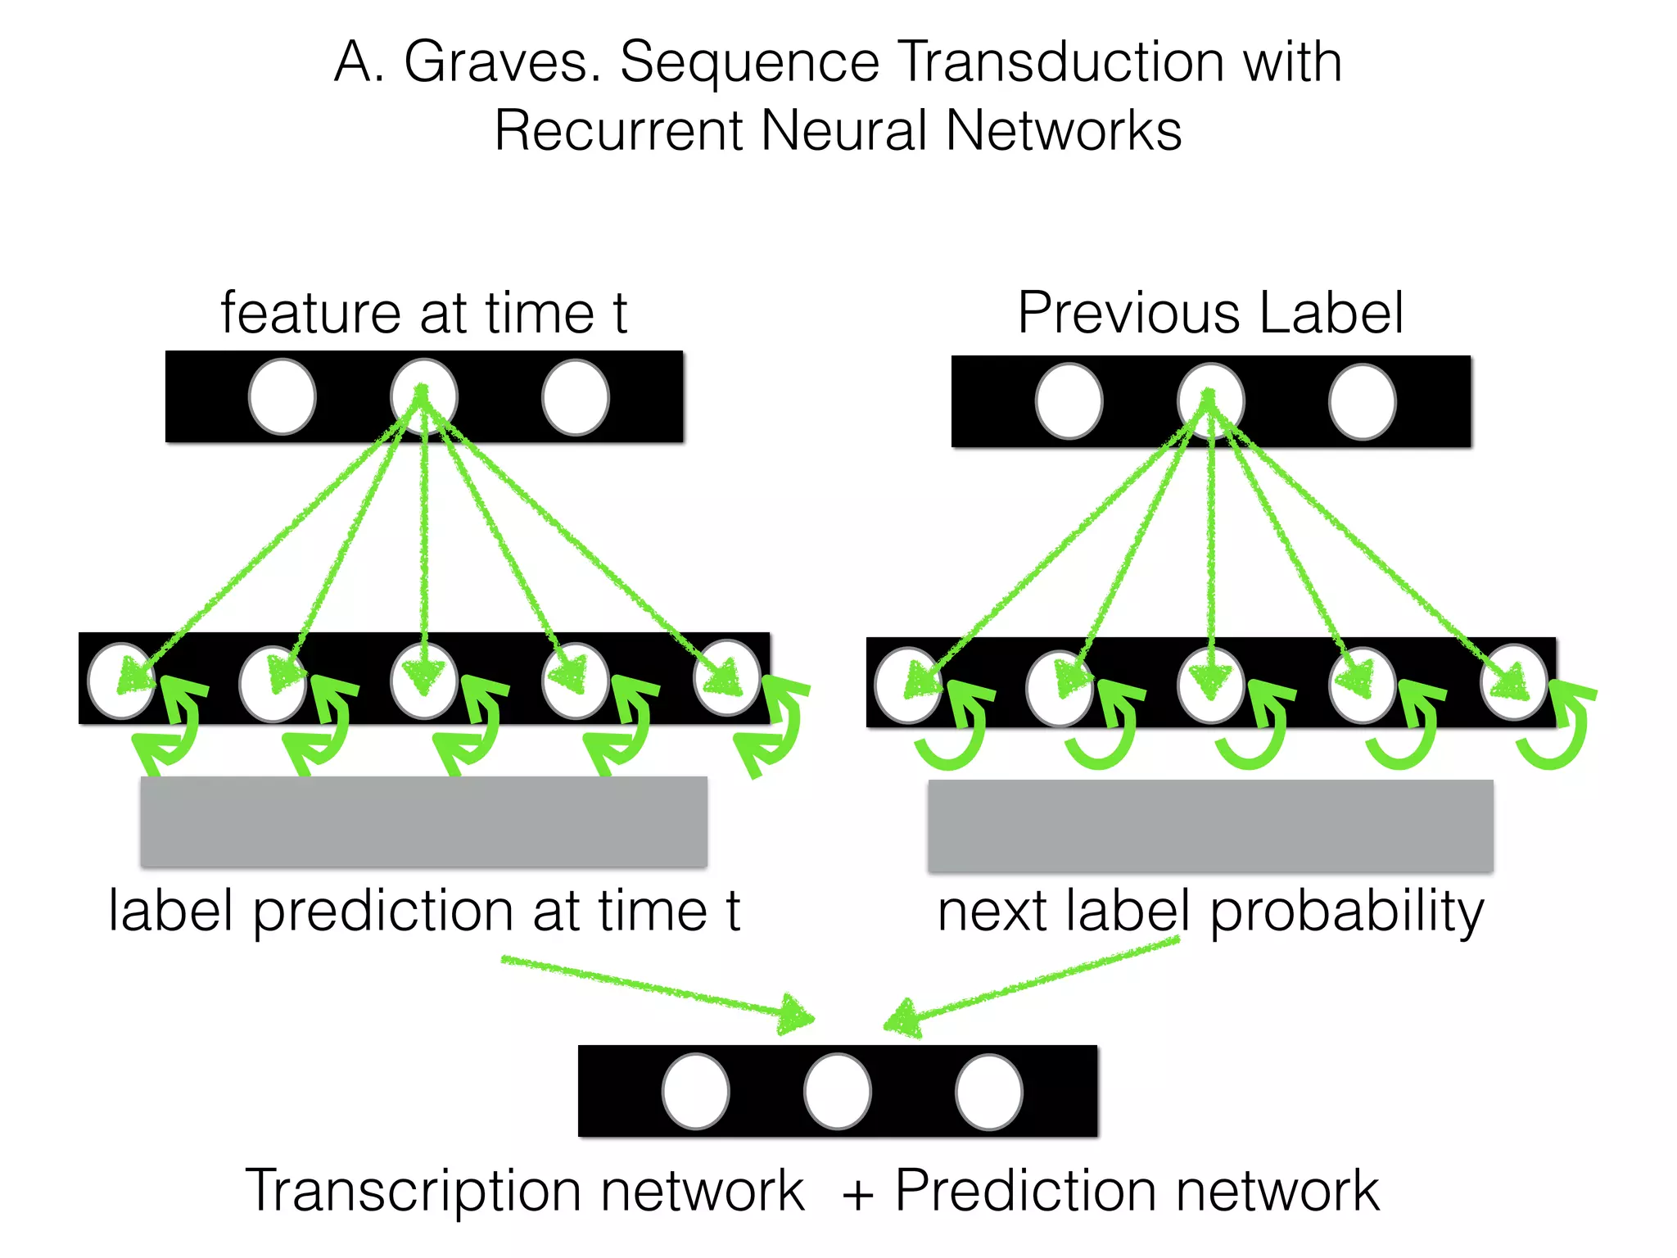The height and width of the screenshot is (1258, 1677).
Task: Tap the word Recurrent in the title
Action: [x=618, y=131]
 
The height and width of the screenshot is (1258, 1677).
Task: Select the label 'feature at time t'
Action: [x=423, y=313]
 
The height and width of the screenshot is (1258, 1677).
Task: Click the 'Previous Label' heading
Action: [x=1209, y=313]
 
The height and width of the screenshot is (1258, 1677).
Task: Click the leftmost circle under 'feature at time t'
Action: [x=282, y=397]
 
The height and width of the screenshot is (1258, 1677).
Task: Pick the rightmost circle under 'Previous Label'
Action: [x=1362, y=402]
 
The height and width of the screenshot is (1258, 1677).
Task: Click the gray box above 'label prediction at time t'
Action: [x=423, y=821]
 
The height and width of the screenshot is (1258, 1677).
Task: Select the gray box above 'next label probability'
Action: [x=1209, y=826]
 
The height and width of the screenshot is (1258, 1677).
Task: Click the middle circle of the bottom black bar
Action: [x=837, y=1091]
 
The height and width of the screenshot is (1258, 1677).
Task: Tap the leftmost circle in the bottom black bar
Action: [x=695, y=1091]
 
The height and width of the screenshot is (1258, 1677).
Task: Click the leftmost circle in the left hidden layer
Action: [x=120, y=681]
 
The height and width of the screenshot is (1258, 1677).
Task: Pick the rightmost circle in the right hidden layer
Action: [x=1513, y=683]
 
